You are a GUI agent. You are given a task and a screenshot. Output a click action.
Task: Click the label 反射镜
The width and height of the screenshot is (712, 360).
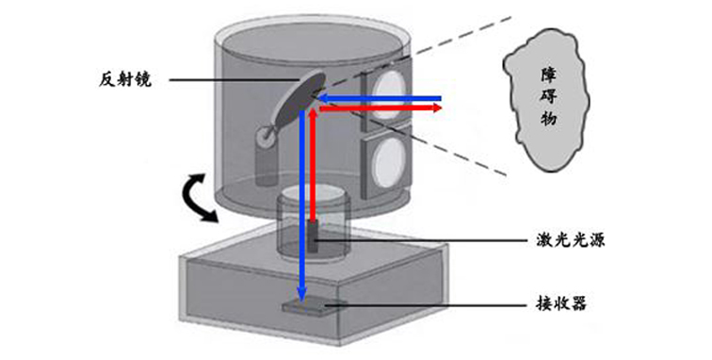tap(124, 79)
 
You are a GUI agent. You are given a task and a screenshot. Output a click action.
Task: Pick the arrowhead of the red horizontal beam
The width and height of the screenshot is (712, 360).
tap(438, 108)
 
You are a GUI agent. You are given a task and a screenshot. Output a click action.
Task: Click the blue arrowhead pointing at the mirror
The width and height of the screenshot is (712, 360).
tap(319, 97)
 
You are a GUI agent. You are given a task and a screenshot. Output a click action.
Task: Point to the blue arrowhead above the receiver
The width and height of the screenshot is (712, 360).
tap(302, 291)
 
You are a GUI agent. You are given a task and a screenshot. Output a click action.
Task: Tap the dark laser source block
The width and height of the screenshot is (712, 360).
tap(312, 237)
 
